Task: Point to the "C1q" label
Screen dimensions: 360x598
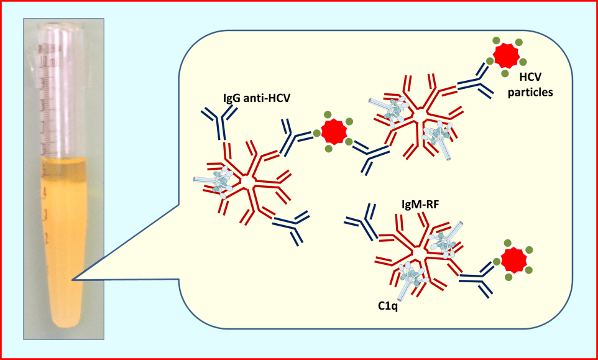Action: (x=389, y=305)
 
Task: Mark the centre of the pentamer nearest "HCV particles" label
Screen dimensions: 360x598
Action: (x=421, y=116)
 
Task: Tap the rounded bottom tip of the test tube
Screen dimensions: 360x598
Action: (x=63, y=323)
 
